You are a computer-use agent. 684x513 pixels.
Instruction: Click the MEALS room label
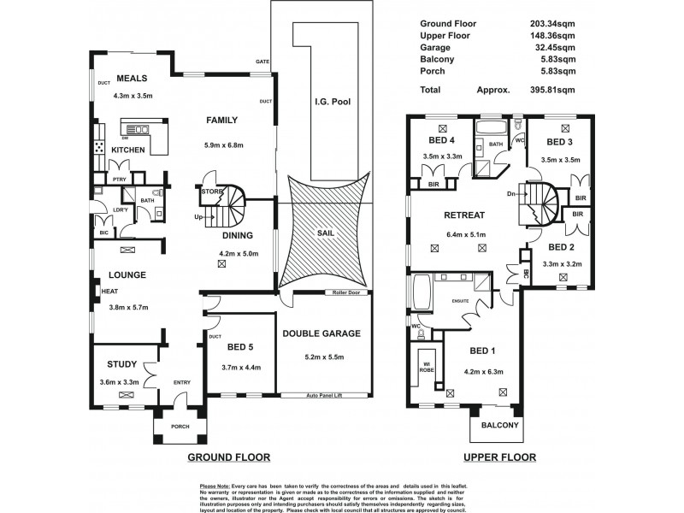pyautogui.click(x=133, y=77)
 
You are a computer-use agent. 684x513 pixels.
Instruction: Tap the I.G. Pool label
pyautogui.click(x=332, y=102)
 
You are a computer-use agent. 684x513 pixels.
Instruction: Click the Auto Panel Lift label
pyautogui.click(x=328, y=396)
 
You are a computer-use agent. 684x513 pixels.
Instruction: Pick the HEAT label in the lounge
pyautogui.click(x=109, y=292)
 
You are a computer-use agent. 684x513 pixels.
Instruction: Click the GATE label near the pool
pyautogui.click(x=262, y=62)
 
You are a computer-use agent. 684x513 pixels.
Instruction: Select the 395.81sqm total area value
pyautogui.click(x=549, y=89)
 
